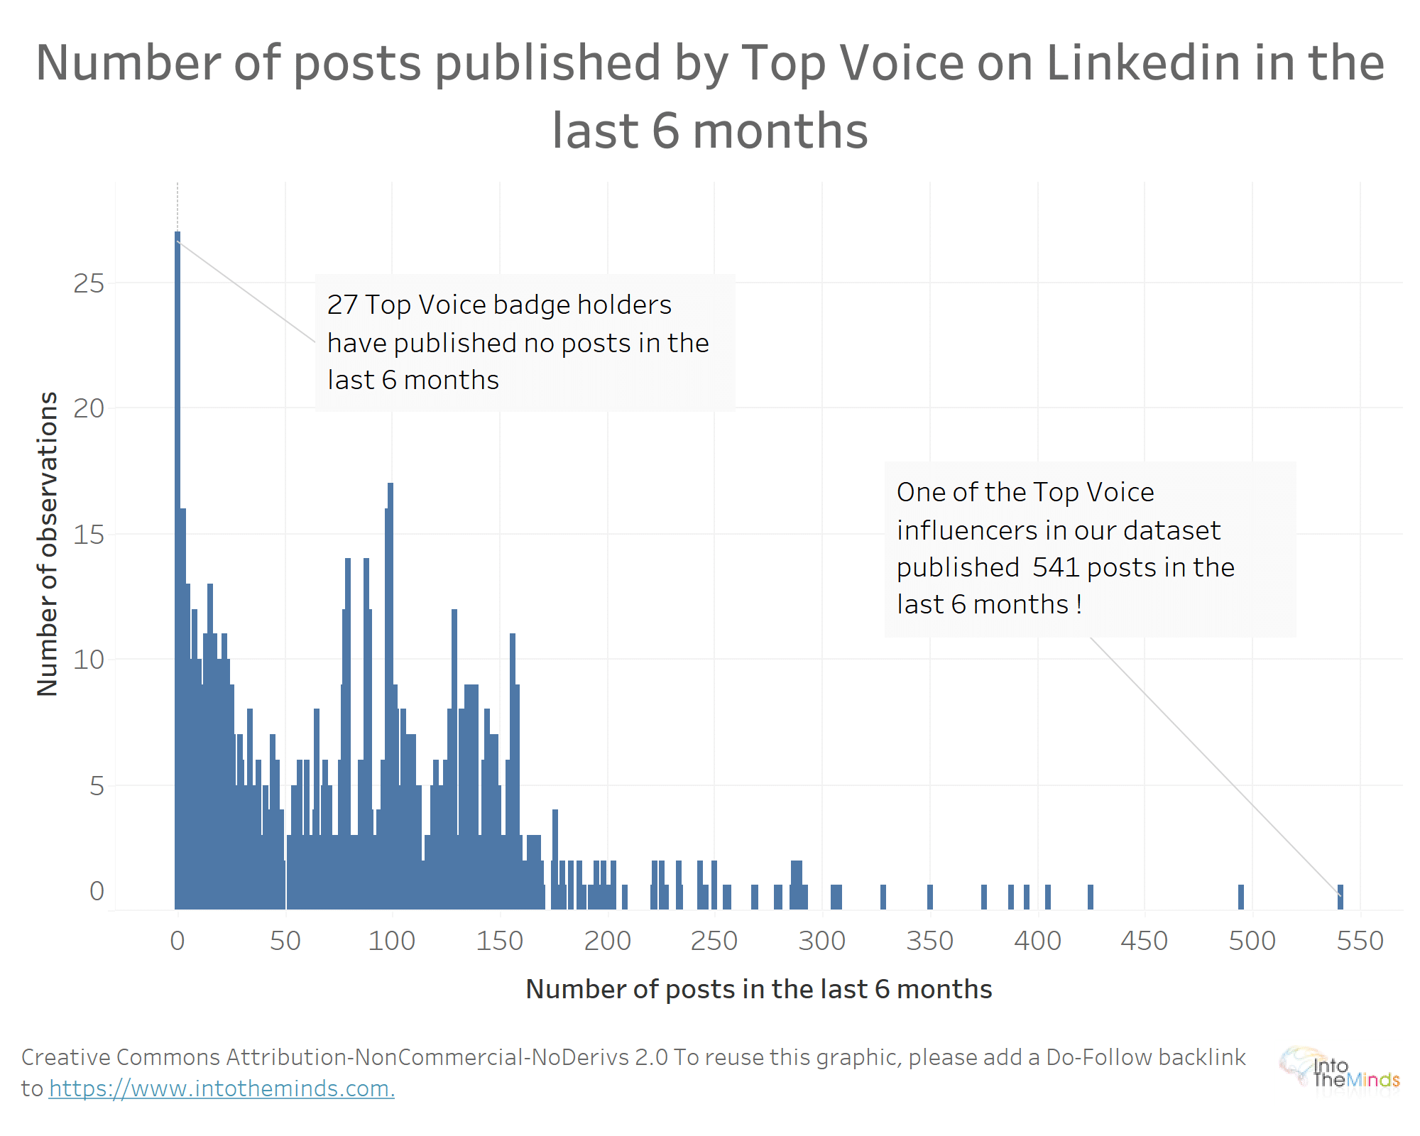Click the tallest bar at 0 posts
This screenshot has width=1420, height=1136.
click(x=177, y=568)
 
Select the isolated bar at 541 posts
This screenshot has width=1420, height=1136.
click(x=1340, y=897)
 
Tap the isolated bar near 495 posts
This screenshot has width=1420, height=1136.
click(x=1241, y=897)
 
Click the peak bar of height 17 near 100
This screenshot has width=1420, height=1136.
click(x=390, y=696)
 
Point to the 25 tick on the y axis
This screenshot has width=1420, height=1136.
click(x=89, y=284)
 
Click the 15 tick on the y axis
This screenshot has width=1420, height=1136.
click(x=89, y=535)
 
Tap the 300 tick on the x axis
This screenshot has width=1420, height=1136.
click(x=822, y=941)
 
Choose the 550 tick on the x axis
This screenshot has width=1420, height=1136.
click(x=1360, y=941)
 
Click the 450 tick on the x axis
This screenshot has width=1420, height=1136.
click(x=1144, y=941)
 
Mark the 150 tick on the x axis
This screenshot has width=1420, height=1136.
click(x=500, y=941)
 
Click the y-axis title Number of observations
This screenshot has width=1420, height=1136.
click(x=48, y=544)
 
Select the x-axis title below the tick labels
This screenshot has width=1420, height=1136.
click(x=758, y=989)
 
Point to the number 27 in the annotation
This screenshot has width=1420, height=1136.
click(x=342, y=305)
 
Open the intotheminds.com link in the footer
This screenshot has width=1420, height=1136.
click(x=222, y=1088)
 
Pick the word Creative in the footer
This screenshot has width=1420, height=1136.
click(x=64, y=1057)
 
